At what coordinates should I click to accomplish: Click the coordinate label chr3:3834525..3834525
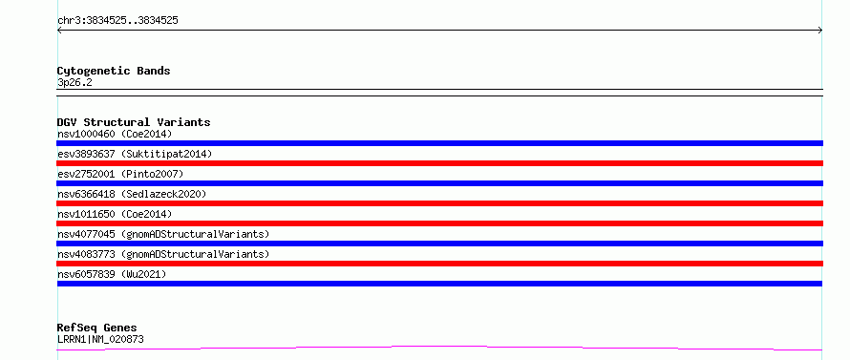coord(117,21)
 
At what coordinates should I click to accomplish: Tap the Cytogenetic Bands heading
coord(114,71)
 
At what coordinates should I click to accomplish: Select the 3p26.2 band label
coord(74,82)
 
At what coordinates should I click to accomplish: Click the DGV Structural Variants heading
coord(134,122)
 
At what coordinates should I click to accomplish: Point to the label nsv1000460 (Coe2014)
coord(115,134)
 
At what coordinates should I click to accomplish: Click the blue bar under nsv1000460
coord(439,143)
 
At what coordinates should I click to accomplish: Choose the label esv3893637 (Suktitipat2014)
coord(135,154)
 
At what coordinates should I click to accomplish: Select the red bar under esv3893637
coord(439,163)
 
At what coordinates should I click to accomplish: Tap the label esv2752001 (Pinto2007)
coord(120,174)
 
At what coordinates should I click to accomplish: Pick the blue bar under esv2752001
coord(439,183)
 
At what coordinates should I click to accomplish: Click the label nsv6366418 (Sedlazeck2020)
coord(132,194)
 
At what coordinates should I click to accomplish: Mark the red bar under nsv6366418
coord(439,203)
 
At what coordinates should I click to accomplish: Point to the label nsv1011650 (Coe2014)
coord(115,214)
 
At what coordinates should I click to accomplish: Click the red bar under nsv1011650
coord(439,223)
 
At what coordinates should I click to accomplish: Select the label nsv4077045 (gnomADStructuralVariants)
coord(163,234)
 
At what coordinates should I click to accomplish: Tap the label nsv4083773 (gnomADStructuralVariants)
coord(163,254)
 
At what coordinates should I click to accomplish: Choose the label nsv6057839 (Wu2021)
coord(112,274)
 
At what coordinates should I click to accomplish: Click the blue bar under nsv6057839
coord(439,284)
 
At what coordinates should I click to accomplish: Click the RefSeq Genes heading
coord(97,328)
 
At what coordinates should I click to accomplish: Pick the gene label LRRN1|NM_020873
coord(100,339)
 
